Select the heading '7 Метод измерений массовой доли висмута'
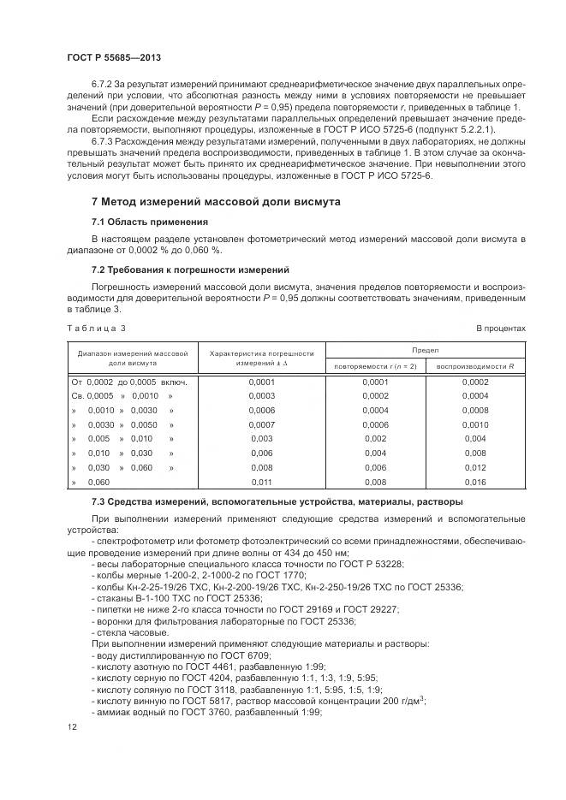tap(216, 202)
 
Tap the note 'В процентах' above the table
tap(501, 328)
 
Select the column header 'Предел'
tap(426, 350)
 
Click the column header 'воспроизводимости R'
tap(475, 366)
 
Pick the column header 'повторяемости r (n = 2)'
tap(375, 366)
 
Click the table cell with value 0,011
tap(261, 483)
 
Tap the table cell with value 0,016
tap(474, 483)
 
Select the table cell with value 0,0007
tap(261, 424)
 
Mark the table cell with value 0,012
tap(474, 468)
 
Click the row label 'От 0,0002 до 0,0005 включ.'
tap(129, 382)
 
